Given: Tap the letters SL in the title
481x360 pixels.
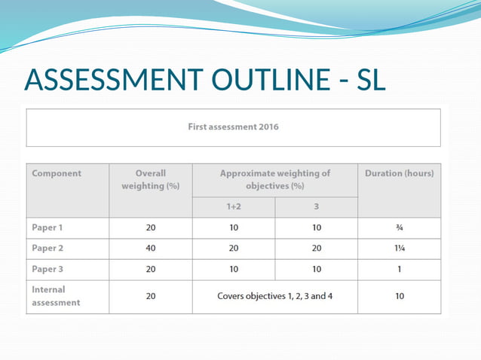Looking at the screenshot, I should [x=368, y=80].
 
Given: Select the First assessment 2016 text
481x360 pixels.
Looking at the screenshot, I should [x=233, y=127].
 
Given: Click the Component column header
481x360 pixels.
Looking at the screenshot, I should [x=57, y=173].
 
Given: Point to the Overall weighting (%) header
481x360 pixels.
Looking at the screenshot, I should [x=151, y=179].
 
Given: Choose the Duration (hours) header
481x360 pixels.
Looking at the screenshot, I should [x=399, y=173].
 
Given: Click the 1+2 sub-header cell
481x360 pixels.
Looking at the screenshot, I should [x=233, y=207].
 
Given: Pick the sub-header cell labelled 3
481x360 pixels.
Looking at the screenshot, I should [x=316, y=207].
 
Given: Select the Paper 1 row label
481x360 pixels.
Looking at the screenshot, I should [x=48, y=227].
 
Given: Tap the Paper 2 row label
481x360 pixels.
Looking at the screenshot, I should [x=48, y=249].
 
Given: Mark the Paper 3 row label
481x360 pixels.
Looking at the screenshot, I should [x=48, y=269].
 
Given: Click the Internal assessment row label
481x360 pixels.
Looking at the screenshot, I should [x=55, y=296].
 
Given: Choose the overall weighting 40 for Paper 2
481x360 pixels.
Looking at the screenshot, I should [x=151, y=249].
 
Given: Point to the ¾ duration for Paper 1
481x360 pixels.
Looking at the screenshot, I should [x=399, y=227].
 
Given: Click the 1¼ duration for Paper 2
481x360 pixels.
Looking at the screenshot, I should [x=399, y=249].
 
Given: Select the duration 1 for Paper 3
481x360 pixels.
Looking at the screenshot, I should [x=399, y=269].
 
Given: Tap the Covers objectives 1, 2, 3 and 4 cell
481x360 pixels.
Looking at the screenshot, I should [x=274, y=296].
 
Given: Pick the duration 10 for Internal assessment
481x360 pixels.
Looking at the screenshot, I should [x=399, y=296].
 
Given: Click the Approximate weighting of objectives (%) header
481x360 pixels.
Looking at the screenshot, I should [x=274, y=179].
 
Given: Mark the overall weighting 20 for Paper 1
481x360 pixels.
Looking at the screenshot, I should [x=151, y=227].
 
